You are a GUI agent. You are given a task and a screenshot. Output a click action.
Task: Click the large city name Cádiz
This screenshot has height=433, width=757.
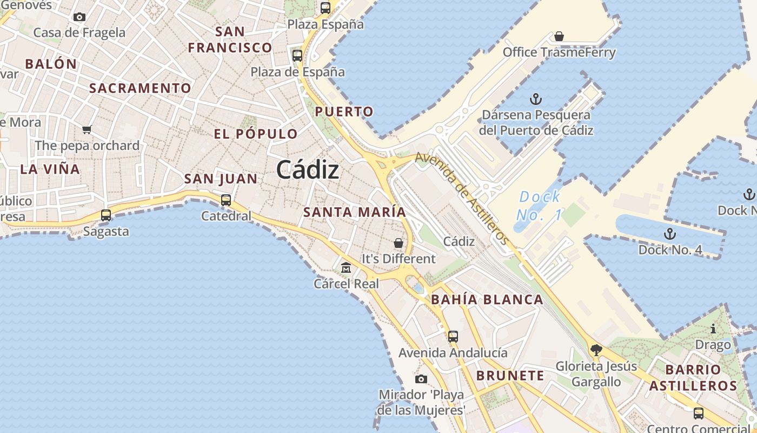(308, 170)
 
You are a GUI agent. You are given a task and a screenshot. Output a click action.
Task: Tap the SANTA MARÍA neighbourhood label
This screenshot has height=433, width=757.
(354, 212)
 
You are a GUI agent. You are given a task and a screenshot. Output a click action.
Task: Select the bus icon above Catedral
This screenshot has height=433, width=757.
(226, 200)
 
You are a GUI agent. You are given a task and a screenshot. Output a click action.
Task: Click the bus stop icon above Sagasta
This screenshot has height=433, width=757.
(106, 215)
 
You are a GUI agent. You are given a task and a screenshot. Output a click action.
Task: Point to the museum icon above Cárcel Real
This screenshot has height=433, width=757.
(346, 267)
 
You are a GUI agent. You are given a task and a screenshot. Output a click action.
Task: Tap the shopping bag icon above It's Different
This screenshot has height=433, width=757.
(399, 243)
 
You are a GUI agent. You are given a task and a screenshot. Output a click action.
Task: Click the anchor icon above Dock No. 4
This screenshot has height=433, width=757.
(670, 234)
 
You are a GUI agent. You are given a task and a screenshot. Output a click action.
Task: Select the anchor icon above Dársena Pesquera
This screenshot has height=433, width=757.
(535, 99)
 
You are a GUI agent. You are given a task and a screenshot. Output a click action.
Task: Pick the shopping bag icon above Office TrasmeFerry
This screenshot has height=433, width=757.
(559, 36)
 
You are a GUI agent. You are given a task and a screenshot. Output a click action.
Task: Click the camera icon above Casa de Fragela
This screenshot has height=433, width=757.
(79, 17)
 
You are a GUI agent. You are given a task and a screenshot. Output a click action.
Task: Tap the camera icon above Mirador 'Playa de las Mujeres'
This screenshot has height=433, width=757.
(421, 379)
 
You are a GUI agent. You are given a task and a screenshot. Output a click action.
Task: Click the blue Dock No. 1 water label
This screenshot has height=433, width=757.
(540, 206)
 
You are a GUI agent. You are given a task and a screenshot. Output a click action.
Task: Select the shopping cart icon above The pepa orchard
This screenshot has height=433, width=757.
(87, 129)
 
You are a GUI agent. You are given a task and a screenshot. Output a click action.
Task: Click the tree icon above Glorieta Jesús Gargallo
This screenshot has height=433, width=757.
(596, 350)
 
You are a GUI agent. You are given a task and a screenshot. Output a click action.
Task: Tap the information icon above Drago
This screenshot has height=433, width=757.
(713, 329)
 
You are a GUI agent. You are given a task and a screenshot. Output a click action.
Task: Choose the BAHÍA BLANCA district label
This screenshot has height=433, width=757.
(487, 300)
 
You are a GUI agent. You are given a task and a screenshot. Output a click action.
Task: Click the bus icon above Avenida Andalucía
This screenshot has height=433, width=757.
(453, 337)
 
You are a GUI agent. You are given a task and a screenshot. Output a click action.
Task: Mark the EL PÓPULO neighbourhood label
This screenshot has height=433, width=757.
(256, 134)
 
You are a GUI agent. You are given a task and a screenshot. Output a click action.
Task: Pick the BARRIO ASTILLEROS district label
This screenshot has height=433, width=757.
(693, 378)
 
